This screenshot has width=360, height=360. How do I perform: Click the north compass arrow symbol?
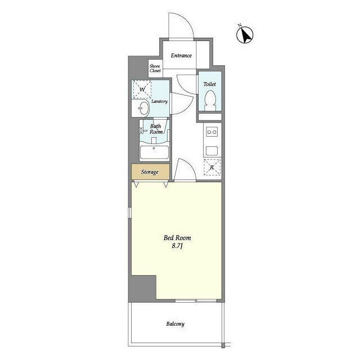coord(245,35)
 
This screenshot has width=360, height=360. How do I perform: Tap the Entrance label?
coord(181,55)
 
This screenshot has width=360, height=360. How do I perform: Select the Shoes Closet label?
coord(155,69)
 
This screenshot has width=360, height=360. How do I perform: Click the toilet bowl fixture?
coord(210,100)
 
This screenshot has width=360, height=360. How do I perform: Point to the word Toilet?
coord(210,84)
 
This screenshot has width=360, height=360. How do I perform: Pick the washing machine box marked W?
coord(142,89)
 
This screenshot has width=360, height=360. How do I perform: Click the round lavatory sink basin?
coord(144,108)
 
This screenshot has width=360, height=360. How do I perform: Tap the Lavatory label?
coord(159,101)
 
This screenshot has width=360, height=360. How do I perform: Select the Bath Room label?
coord(156,129)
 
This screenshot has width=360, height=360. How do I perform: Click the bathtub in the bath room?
coord(154,152)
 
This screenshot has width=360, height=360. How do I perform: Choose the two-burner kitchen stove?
coord(211,132)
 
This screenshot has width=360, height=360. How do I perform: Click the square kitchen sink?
coord(211,151)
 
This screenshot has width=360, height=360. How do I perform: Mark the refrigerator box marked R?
coord(212,167)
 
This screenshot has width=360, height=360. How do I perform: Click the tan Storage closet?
coord(150,172)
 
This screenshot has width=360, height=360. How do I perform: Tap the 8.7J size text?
coord(177,246)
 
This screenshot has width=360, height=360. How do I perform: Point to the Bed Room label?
coord(177,237)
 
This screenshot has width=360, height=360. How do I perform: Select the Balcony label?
coord(175,324)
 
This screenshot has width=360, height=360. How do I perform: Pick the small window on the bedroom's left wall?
coord(130,213)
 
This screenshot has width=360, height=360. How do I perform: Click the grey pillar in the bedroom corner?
coord(142,289)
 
